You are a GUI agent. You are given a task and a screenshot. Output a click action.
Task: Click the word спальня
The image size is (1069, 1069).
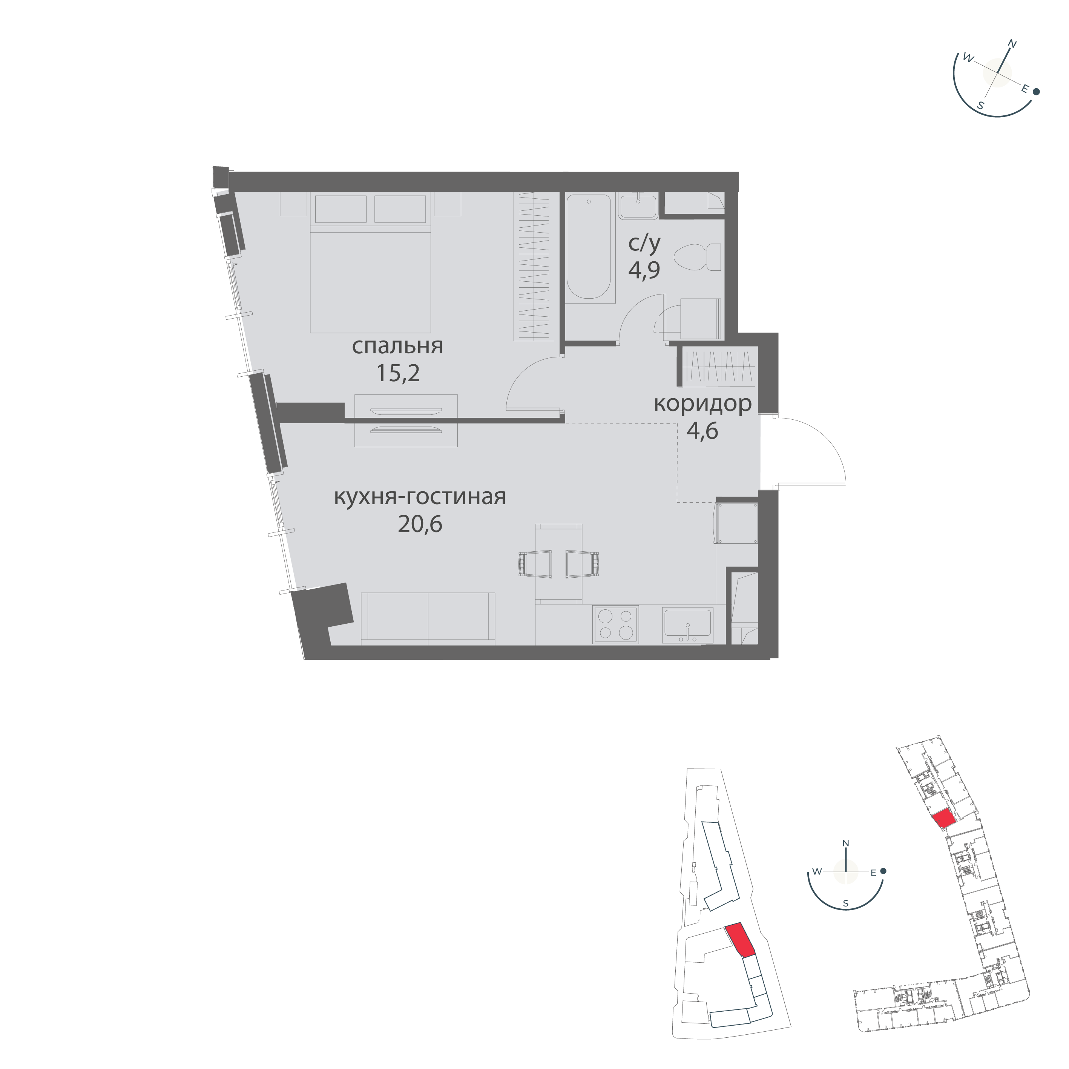coord(397,347)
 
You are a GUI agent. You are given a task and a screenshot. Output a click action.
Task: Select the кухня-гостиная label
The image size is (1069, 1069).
coord(420,497)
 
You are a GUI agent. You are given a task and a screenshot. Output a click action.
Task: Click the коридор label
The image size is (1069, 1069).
coord(703,405)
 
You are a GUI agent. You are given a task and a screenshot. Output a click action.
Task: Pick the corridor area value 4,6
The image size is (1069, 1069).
coord(703,431)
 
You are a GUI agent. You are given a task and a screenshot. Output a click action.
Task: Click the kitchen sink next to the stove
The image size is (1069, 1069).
coord(687,625)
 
